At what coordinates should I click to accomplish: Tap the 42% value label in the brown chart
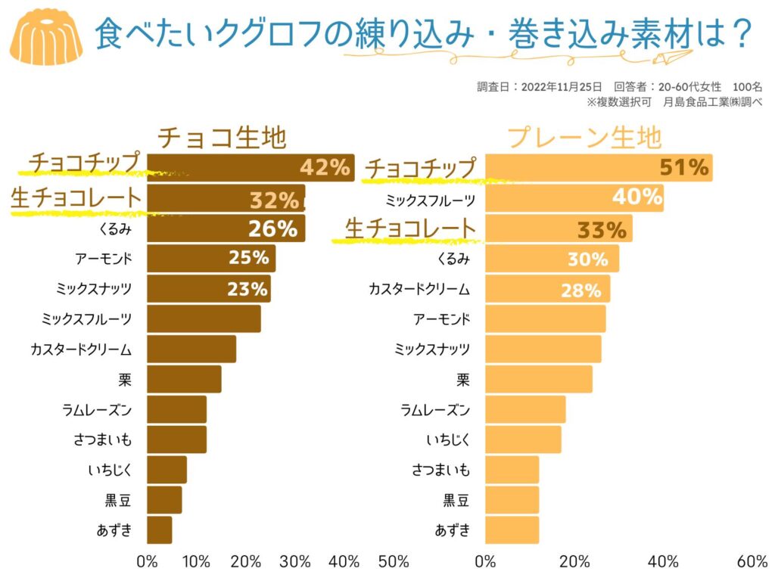325,167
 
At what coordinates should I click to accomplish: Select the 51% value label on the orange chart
683,167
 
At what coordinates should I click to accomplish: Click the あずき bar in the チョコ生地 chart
159,530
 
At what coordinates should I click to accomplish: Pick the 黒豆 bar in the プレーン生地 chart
512,500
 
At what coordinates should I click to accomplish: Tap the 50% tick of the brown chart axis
393,562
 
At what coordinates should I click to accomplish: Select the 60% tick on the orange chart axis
752,562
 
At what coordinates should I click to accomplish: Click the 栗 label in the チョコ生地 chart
125,380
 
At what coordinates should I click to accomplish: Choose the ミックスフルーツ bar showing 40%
574,198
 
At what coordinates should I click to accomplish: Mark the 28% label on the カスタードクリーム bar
581,290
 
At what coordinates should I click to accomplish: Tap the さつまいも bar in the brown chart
176,439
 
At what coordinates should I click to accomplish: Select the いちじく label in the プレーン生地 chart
448,440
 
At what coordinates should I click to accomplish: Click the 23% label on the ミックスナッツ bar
247,289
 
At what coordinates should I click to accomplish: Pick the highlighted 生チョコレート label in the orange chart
410,228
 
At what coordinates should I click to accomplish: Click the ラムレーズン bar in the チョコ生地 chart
176,409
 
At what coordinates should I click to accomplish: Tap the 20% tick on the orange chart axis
574,562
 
